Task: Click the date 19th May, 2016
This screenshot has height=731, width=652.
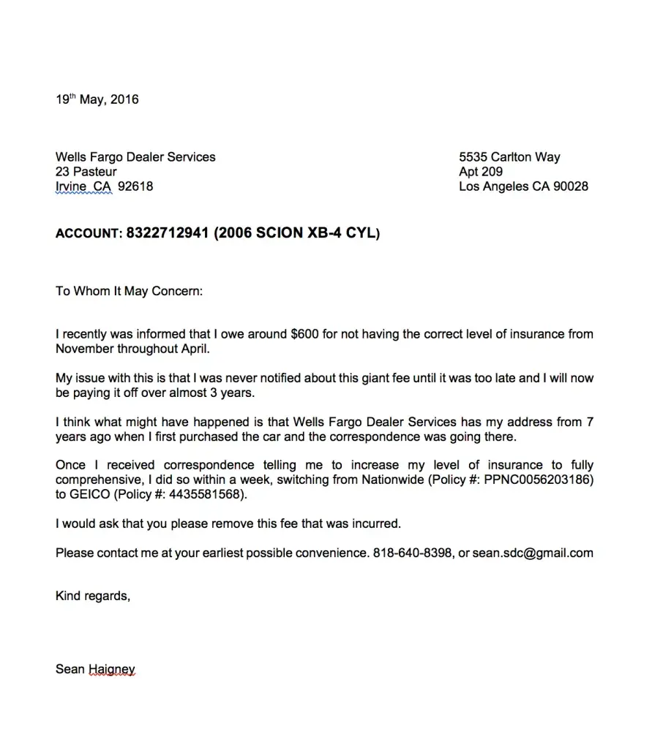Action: click(x=97, y=99)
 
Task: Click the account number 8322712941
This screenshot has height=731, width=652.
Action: click(x=168, y=234)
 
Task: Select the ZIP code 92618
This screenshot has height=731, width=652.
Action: click(x=135, y=186)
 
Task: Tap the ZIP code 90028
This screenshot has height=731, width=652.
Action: click(x=570, y=186)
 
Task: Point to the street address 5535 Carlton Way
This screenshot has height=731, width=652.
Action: click(x=509, y=157)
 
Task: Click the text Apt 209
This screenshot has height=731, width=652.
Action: click(x=481, y=172)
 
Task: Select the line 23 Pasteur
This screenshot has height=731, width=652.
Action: click(x=86, y=172)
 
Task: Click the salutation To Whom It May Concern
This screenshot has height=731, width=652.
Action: click(x=128, y=291)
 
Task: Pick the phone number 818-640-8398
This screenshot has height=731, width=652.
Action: click(x=411, y=553)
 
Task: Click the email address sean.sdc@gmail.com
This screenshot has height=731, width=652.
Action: click(x=533, y=553)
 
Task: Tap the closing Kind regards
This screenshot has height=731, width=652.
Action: click(x=92, y=596)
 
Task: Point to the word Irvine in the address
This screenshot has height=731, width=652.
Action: click(x=70, y=186)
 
